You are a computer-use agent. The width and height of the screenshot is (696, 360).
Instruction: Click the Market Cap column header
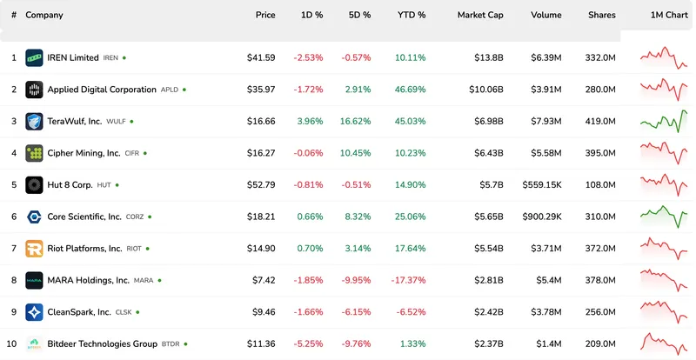(x=479, y=15)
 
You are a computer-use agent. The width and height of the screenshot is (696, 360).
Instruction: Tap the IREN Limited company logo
(x=34, y=58)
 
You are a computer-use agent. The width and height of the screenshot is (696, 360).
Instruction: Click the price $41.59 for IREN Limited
(x=261, y=58)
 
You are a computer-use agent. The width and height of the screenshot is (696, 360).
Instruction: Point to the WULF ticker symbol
(x=116, y=122)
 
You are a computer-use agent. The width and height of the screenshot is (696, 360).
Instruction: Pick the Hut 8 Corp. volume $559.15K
(x=541, y=185)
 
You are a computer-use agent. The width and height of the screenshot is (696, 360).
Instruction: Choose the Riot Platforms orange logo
(x=34, y=249)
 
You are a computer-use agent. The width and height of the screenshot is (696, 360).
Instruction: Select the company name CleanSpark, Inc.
(x=79, y=312)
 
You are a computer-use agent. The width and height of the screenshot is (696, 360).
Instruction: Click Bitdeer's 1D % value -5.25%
(x=308, y=343)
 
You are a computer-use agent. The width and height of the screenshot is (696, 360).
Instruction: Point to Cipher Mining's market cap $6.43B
(x=486, y=153)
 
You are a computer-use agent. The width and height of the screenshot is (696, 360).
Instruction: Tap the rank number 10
(x=13, y=343)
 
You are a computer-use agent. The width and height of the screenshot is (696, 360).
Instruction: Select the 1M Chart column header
(x=668, y=15)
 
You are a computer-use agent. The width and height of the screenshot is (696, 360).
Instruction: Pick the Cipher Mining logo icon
(x=34, y=153)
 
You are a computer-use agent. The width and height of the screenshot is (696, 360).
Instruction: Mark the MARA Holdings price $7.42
(x=264, y=280)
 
